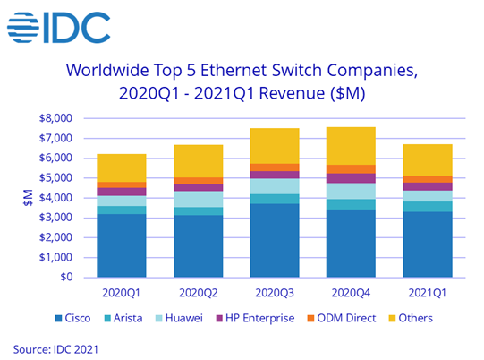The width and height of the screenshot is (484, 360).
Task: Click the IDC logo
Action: coord(59,27)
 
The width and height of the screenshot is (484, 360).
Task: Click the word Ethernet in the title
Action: coord(234,70)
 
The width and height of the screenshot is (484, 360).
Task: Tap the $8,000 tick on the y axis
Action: coord(55,118)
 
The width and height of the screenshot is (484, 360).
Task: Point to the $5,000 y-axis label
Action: coord(55,177)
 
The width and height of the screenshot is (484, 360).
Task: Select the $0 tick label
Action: coord(66,277)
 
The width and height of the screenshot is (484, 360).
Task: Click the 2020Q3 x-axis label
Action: coord(275,293)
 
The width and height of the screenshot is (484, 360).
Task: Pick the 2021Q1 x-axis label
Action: coord(428,293)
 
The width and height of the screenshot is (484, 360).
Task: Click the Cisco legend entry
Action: coord(72,318)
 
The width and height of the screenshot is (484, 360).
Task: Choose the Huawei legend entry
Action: coord(179,318)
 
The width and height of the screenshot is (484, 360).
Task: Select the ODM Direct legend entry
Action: coord(342,318)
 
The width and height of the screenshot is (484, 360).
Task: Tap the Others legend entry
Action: coord(411,318)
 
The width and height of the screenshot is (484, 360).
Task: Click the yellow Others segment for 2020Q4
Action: coord(351,146)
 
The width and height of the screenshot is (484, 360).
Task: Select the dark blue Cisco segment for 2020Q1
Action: coord(122,245)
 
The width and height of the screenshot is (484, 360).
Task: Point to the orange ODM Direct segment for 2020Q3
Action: coord(275,167)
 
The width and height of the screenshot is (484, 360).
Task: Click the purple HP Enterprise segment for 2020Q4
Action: coord(351,178)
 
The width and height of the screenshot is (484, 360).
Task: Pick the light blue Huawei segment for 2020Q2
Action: coord(199,200)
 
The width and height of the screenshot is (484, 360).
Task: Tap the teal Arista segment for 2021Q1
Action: coord(428,207)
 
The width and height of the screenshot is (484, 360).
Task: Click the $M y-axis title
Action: coord(28,198)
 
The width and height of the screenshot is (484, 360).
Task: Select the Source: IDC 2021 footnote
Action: coord(55,349)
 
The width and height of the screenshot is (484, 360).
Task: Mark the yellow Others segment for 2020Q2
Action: coord(199,161)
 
